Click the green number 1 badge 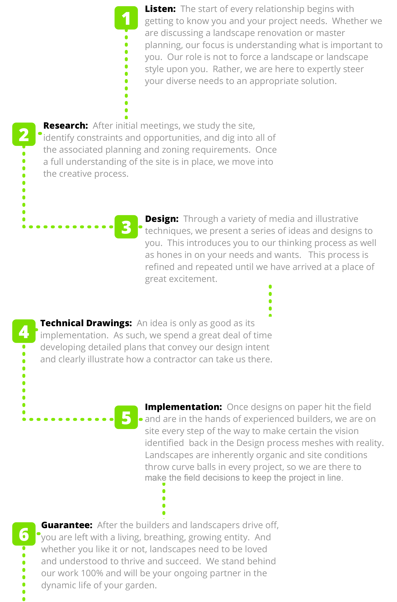click(x=126, y=18)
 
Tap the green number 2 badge click(x=24, y=134)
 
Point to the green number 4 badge click(x=24, y=331)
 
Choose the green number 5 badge click(x=126, y=417)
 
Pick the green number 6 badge click(x=24, y=534)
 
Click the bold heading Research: click(x=66, y=126)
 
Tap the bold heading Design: click(x=162, y=219)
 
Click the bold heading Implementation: click(x=183, y=407)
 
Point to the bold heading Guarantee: click(x=67, y=525)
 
